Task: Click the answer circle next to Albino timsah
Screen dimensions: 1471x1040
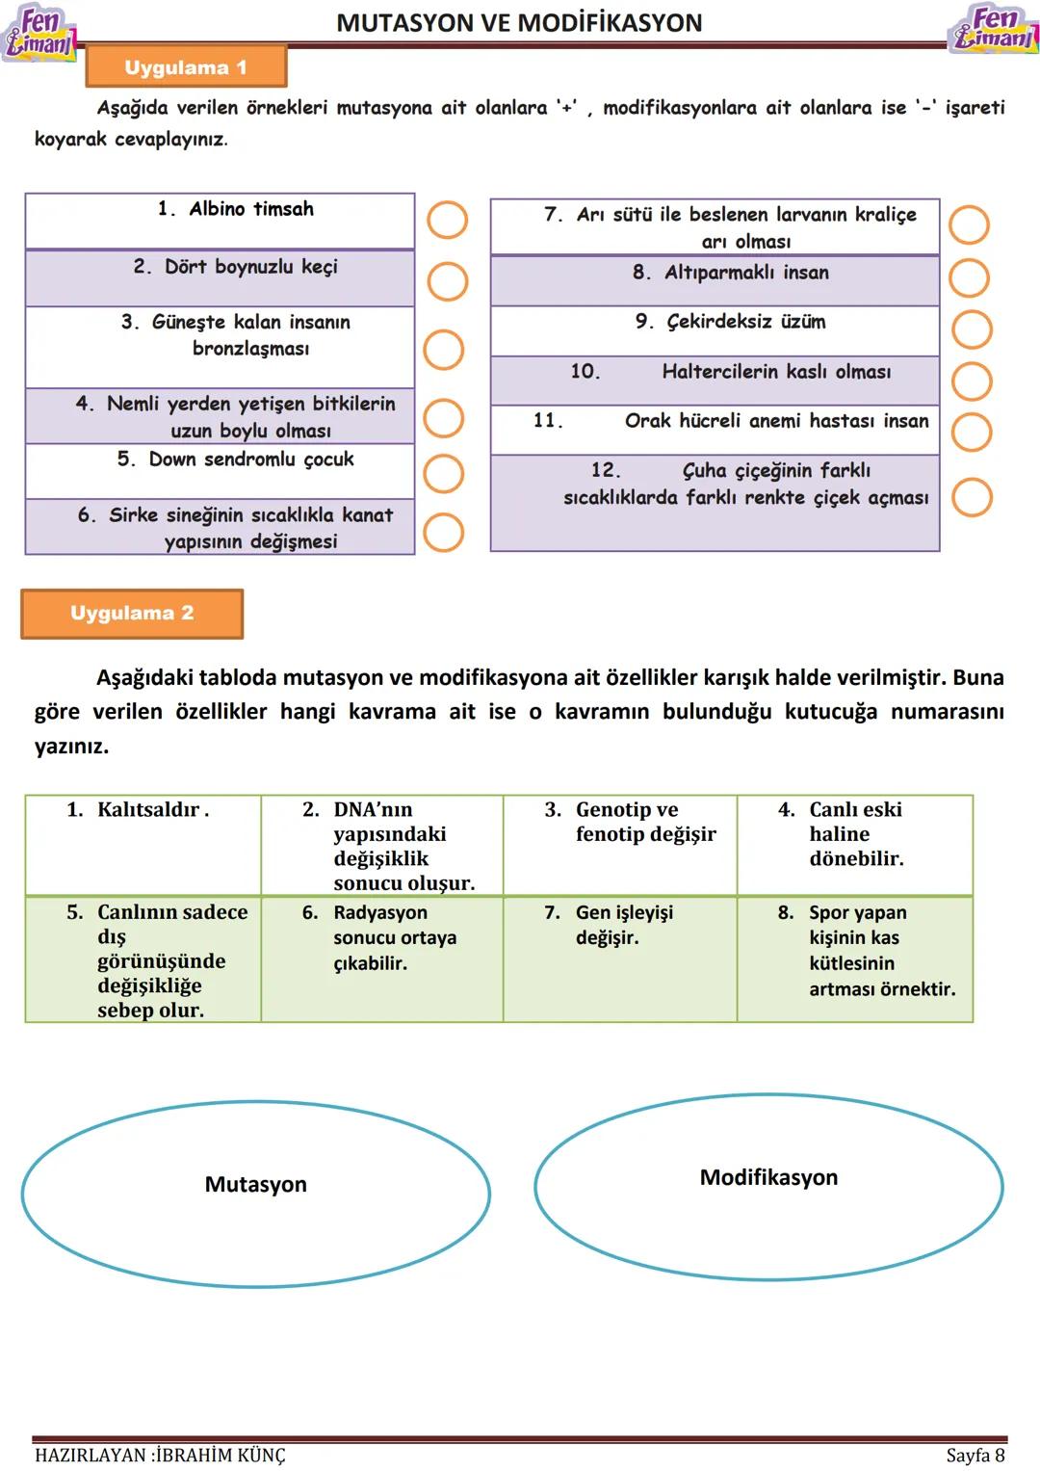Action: (x=447, y=220)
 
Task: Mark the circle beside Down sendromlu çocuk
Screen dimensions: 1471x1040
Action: (x=444, y=473)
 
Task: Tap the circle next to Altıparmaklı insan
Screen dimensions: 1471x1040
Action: (x=969, y=277)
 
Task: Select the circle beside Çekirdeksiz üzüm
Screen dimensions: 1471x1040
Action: (x=972, y=329)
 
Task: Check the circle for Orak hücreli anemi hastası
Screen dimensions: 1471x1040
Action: (x=972, y=433)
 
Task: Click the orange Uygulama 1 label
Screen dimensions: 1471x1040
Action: (x=186, y=67)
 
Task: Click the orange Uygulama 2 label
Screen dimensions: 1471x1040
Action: (x=132, y=613)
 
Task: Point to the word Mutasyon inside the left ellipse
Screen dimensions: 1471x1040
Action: (x=255, y=1184)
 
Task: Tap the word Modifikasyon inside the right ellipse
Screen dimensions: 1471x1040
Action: (x=768, y=1177)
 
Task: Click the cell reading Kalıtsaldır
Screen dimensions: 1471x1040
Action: (x=143, y=843)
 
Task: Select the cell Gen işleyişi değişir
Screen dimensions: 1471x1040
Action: (x=619, y=958)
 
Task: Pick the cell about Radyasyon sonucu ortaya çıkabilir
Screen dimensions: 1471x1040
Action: (x=381, y=958)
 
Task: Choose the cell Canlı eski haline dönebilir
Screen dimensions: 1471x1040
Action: (x=854, y=843)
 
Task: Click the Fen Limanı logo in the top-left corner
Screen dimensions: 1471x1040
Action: (x=39, y=33)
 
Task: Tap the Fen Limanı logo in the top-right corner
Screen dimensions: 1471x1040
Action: (x=994, y=29)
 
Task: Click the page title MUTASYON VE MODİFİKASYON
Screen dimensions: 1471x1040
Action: (x=519, y=22)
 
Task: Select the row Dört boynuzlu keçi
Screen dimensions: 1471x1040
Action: (x=220, y=277)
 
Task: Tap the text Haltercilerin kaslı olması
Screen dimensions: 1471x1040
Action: (x=776, y=372)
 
